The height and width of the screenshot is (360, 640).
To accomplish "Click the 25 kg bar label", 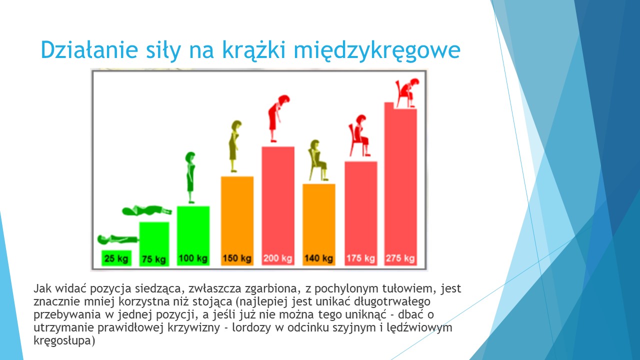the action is click(x=116, y=258).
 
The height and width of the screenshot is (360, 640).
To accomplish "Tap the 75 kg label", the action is click(x=154, y=259).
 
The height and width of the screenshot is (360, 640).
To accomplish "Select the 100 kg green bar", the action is click(x=193, y=236).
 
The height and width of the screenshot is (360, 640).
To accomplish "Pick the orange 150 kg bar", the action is click(x=237, y=221).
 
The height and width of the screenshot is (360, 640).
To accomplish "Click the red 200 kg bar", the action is click(x=278, y=206).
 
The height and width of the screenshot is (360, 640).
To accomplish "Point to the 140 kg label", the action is click(x=319, y=258).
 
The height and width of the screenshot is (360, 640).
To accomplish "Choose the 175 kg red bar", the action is click(x=361, y=213).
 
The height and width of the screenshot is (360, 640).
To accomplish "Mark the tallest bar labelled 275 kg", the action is click(x=400, y=183).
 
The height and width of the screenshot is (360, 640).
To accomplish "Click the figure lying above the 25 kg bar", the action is click(x=117, y=239).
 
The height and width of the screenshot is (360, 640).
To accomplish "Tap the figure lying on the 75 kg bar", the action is click(x=147, y=210).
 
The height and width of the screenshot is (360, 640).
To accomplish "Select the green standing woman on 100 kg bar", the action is click(x=190, y=177).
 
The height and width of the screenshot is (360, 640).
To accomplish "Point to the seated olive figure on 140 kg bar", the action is click(x=317, y=160).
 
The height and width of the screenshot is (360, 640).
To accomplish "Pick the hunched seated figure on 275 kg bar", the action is click(x=407, y=93).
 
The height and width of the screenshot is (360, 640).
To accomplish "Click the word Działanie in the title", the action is click(x=89, y=49).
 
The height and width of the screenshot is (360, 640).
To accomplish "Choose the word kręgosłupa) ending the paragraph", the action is click(x=64, y=341).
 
